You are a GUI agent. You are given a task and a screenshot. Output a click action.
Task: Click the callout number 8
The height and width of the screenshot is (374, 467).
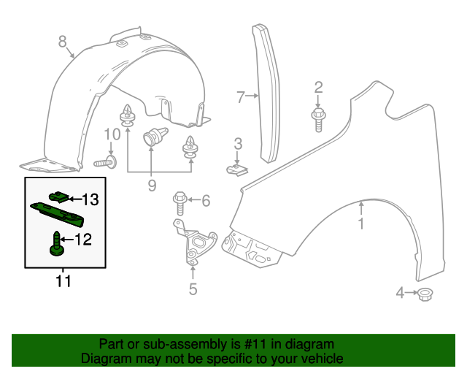[63, 42]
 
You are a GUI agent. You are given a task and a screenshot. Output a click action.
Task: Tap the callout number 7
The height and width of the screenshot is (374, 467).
[241, 95]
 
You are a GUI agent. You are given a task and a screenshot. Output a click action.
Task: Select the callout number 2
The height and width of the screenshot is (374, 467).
[318, 88]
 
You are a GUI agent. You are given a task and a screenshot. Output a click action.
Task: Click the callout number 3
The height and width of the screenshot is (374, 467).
[238, 142]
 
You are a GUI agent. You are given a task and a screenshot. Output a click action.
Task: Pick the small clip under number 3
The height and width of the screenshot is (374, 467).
[236, 169]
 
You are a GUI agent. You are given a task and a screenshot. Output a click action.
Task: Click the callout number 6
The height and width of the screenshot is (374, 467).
[206, 200]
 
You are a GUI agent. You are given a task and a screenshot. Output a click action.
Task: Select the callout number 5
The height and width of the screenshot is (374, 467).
[193, 289]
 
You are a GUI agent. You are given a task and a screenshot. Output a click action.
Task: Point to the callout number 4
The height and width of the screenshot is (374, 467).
[400, 294]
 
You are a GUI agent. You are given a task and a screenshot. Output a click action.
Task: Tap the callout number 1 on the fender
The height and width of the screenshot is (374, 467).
[360, 224]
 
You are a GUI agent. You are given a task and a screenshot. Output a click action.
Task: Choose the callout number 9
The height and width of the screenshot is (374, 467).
[152, 186]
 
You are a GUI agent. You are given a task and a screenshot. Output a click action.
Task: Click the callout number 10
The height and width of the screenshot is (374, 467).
[111, 134]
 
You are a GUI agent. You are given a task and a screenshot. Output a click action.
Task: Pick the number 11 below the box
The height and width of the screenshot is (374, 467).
[63, 280]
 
